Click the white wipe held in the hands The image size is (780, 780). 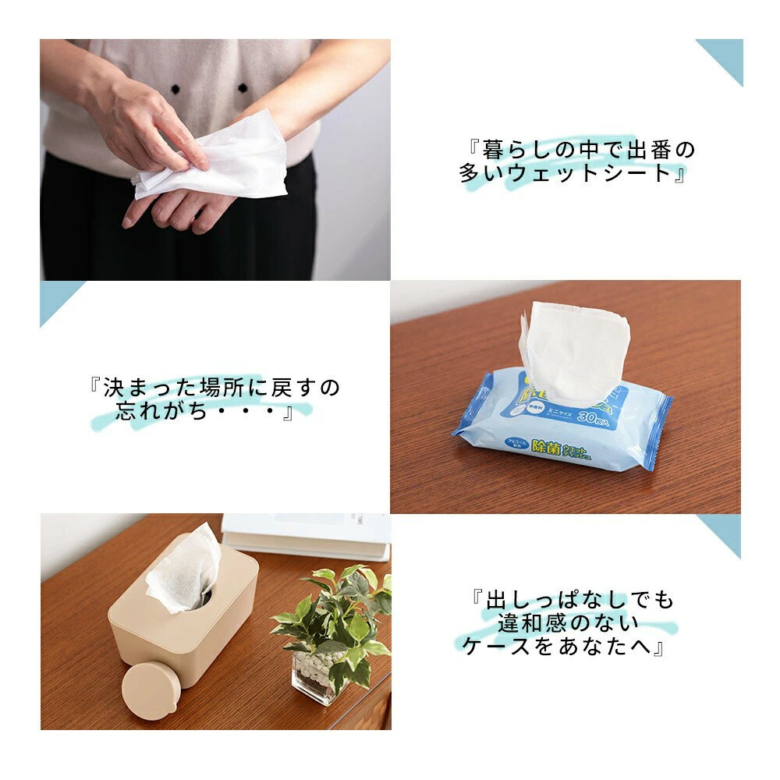click(x=226, y=160)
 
